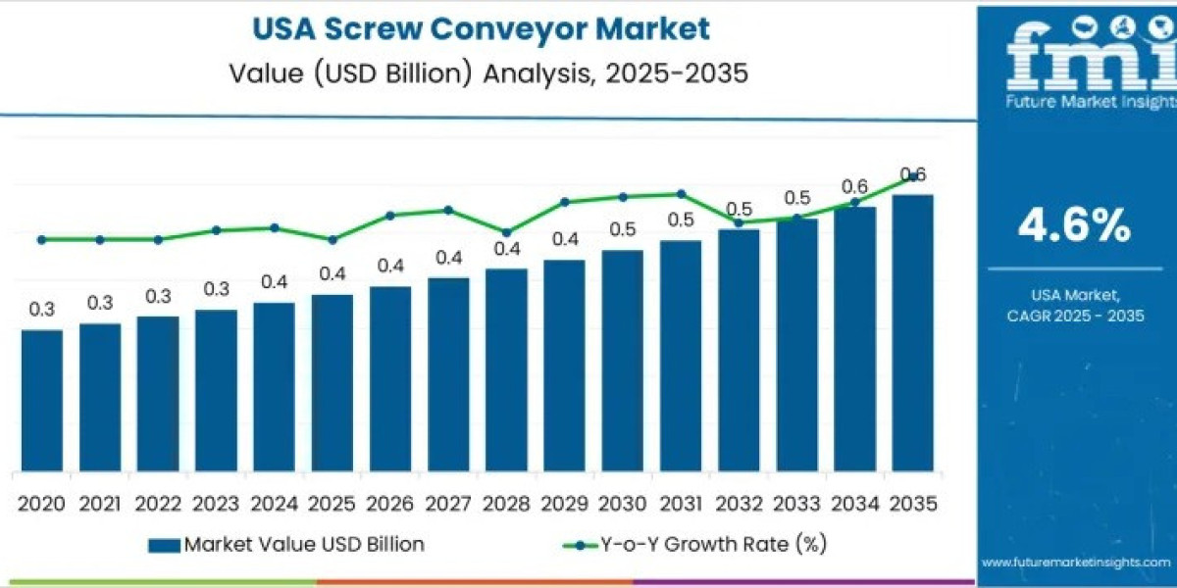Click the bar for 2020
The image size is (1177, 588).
pyautogui.click(x=41, y=400)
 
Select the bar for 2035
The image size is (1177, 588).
pyautogui.click(x=912, y=333)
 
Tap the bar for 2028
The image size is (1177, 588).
pyautogui.click(x=506, y=369)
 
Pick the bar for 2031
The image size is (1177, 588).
pyautogui.click(x=680, y=356)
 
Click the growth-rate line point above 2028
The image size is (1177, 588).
pyautogui.click(x=506, y=233)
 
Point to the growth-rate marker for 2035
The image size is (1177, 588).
pyautogui.click(x=913, y=177)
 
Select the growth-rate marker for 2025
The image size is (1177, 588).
pyautogui.click(x=332, y=239)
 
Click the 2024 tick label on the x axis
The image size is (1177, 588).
pyautogui.click(x=274, y=504)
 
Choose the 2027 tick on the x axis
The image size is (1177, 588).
pyautogui.click(x=448, y=504)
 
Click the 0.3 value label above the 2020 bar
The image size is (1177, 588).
pyautogui.click(x=41, y=310)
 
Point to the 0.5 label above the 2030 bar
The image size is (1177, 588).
pyautogui.click(x=622, y=229)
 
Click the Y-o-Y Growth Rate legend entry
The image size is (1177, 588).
pyautogui.click(x=702, y=544)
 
